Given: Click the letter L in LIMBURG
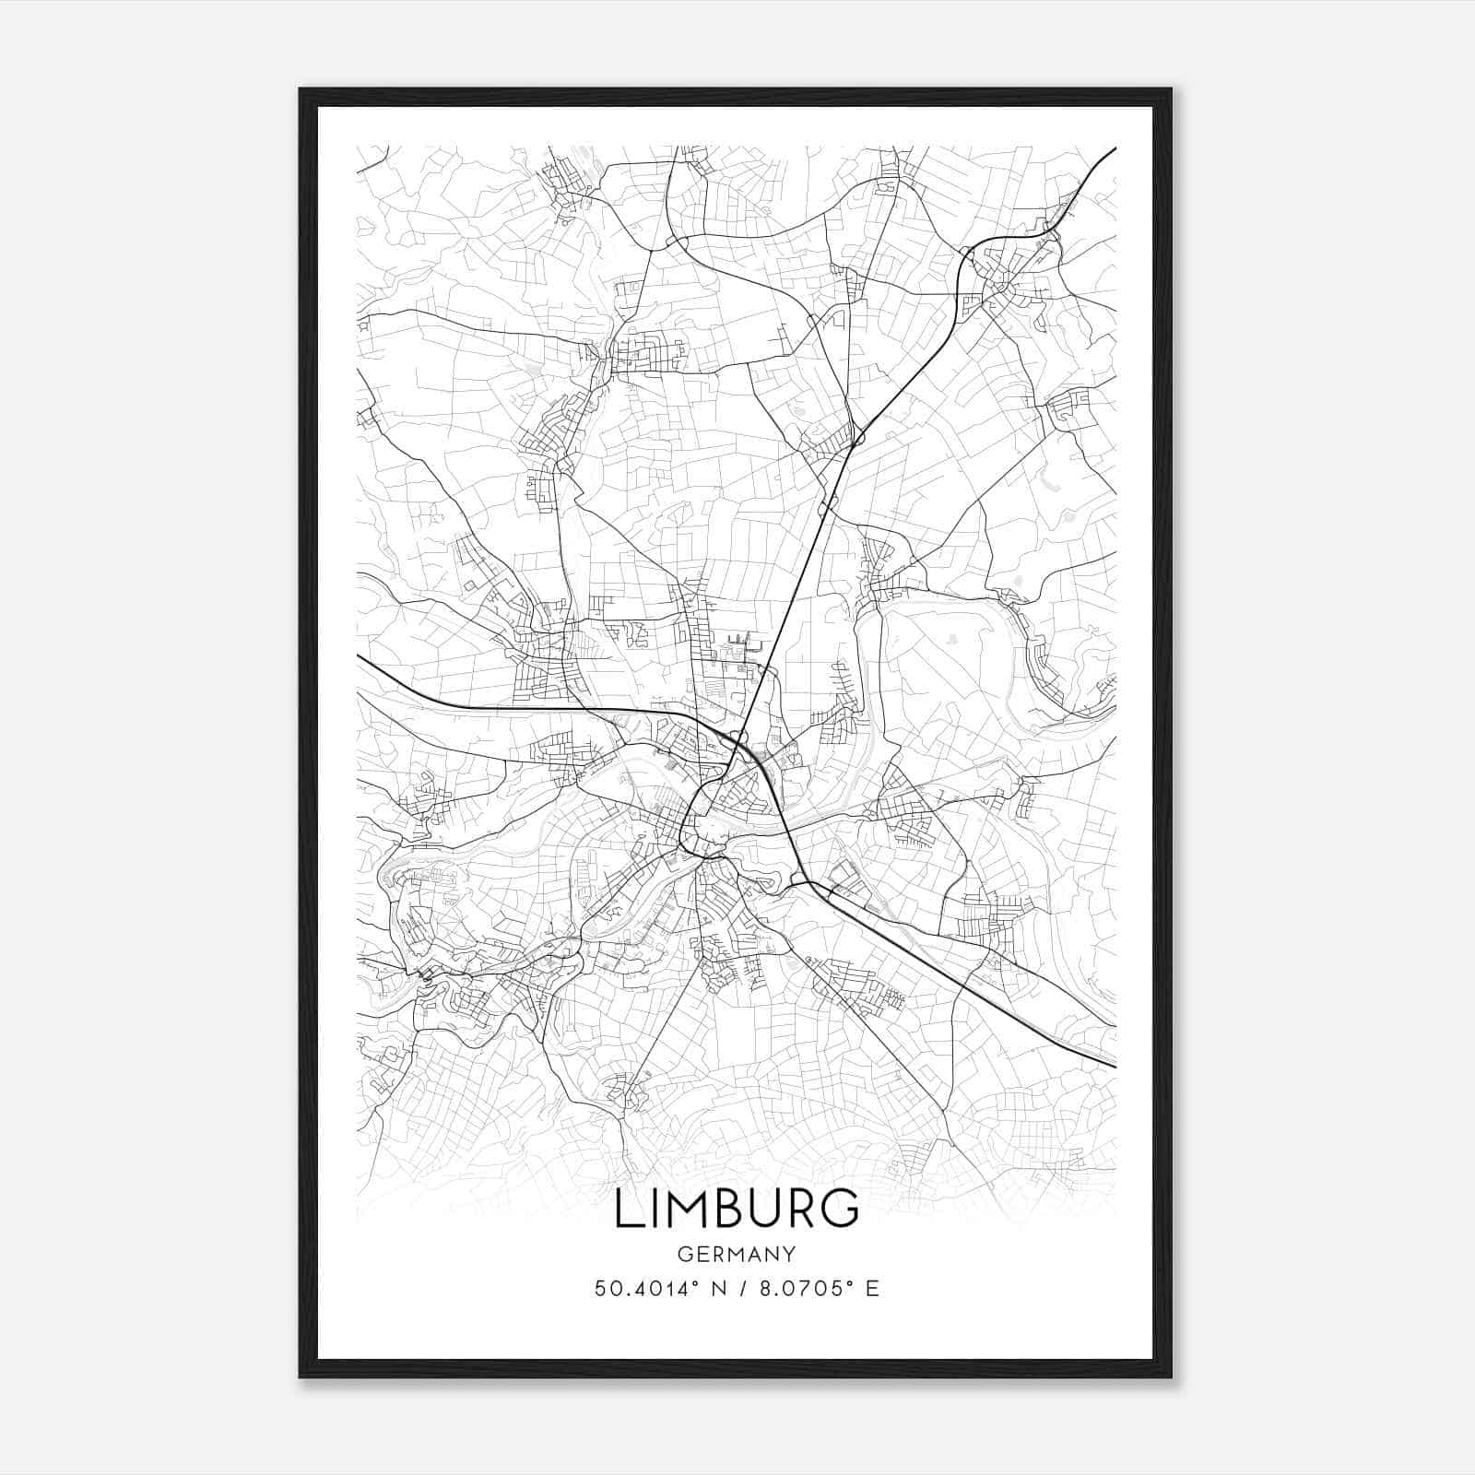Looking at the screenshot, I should (x=630, y=1209).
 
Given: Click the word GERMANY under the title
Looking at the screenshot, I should (x=737, y=1255).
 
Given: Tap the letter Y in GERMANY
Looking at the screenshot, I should (x=789, y=1255).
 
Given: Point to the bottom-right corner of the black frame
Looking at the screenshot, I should (x=1171, y=1376).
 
